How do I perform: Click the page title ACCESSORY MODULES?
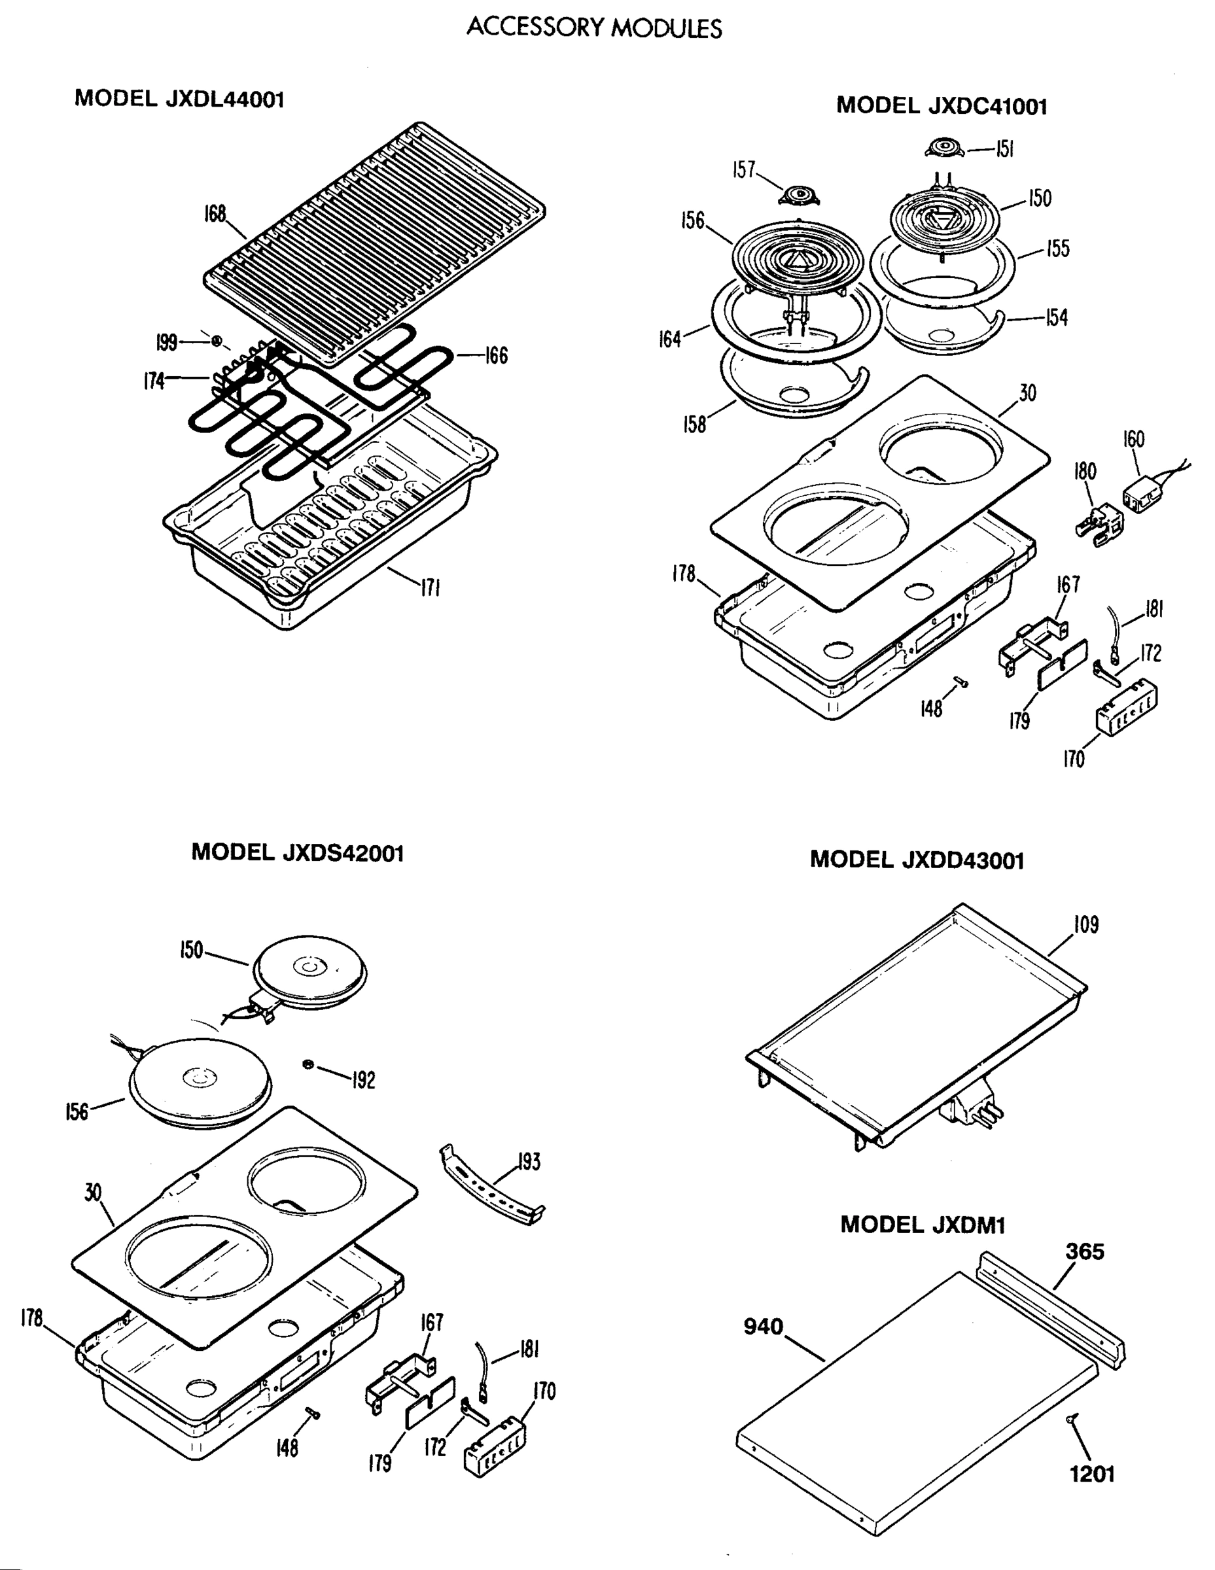pos(594,28)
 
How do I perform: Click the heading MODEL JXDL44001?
pos(180,99)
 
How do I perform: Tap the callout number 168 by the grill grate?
pos(214,214)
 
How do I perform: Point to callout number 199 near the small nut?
pos(166,342)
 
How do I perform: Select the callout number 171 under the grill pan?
pos(429,587)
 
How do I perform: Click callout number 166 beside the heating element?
pos(496,355)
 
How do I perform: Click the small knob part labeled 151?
pos(943,148)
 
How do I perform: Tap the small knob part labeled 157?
pos(799,195)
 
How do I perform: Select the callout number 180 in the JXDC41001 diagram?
pos(1084,472)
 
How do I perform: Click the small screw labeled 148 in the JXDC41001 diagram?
pos(960,682)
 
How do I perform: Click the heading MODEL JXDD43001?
pos(917,860)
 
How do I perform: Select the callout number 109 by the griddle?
pos(1085,924)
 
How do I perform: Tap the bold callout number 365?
pos(1084,1251)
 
